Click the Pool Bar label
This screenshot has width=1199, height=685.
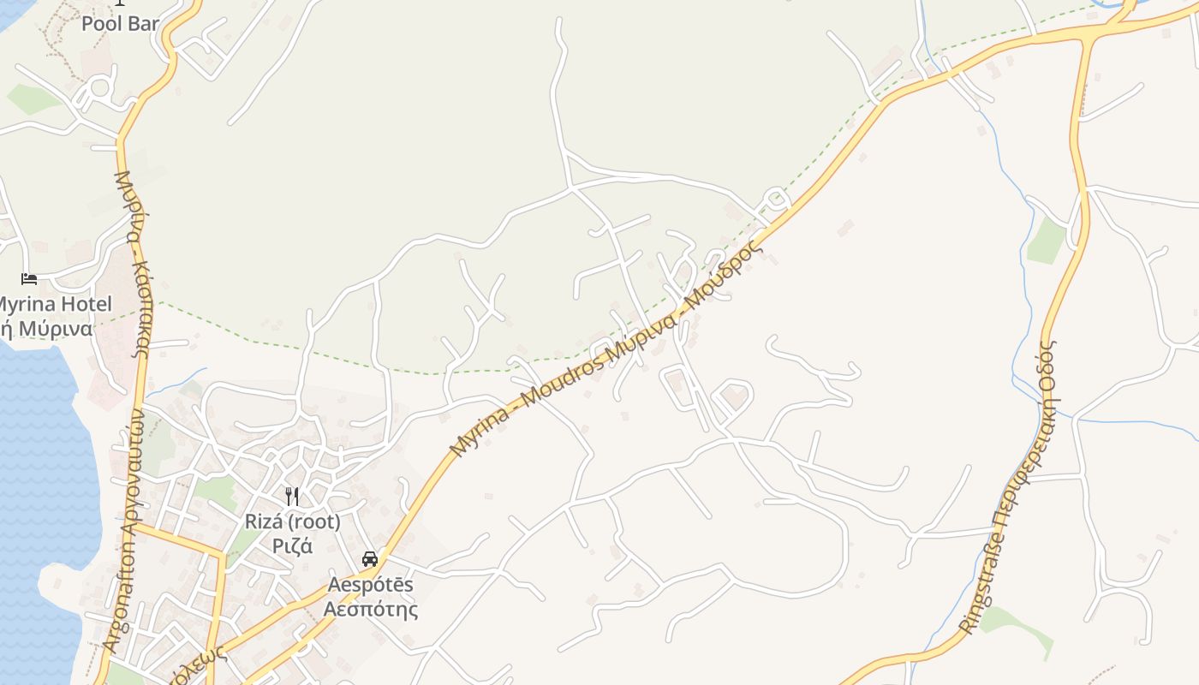[120, 23]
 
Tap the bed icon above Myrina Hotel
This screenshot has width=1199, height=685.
[29, 279]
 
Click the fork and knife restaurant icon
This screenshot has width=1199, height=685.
[292, 497]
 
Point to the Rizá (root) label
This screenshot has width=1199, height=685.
[292, 521]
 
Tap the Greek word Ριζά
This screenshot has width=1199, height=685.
[292, 545]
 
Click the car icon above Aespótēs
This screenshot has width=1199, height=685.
[370, 559]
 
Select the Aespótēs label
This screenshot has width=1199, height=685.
[370, 585]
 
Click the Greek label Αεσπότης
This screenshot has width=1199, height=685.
[370, 609]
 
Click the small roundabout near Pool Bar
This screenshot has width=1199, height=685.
[100, 87]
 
